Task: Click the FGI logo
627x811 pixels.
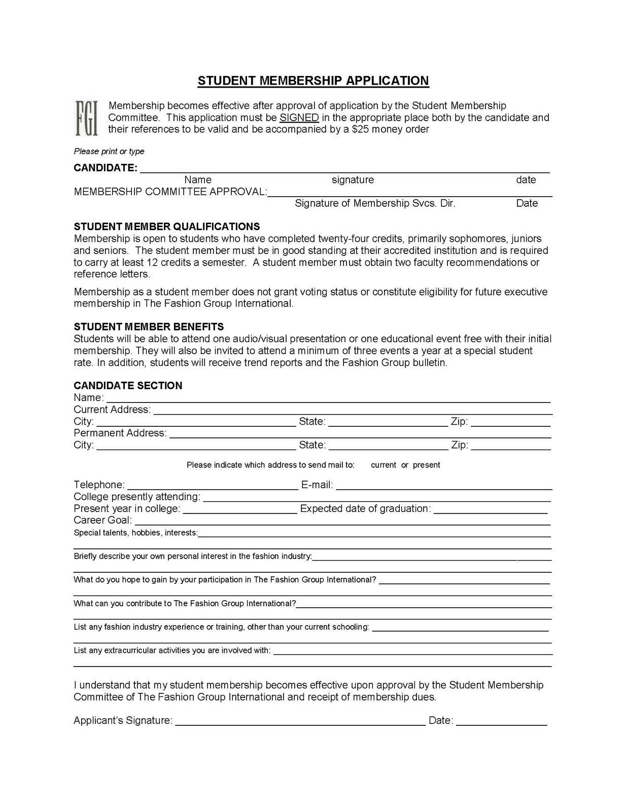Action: coord(86,118)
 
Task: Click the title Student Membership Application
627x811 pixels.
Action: coord(313,81)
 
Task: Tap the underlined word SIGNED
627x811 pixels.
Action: coord(299,118)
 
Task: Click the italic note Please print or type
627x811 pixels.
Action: coord(109,151)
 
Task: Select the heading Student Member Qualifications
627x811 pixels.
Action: coord(167,227)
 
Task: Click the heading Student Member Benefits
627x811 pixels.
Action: coord(149,326)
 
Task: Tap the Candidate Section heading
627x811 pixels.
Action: coord(128,385)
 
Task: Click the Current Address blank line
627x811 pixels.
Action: coord(352,411)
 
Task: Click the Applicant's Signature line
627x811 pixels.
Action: coord(300,722)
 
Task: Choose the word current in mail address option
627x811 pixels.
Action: coord(384,465)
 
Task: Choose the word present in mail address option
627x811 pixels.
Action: coord(426,465)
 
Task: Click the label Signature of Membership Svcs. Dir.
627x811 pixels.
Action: coord(375,203)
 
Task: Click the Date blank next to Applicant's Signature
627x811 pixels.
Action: coord(501,722)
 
